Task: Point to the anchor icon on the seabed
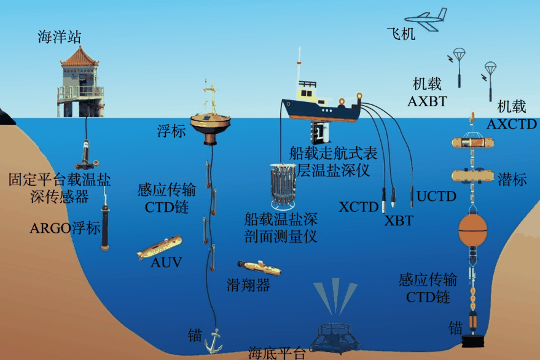213,340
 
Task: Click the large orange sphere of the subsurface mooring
473,230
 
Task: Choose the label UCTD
437,197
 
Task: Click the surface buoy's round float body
211,123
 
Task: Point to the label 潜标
514,179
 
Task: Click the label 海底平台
276,353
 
